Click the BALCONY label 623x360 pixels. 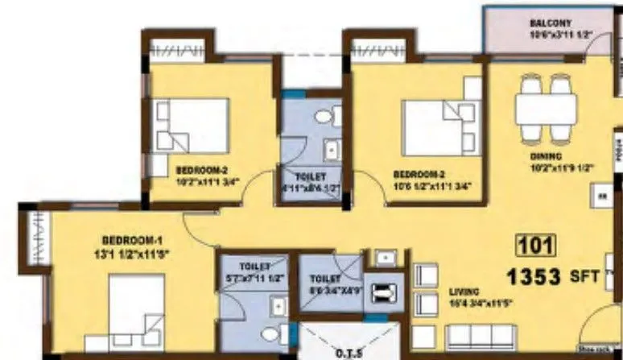pos(551,23)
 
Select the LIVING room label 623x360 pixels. pos(465,291)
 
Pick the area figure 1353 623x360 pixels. pos(532,277)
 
